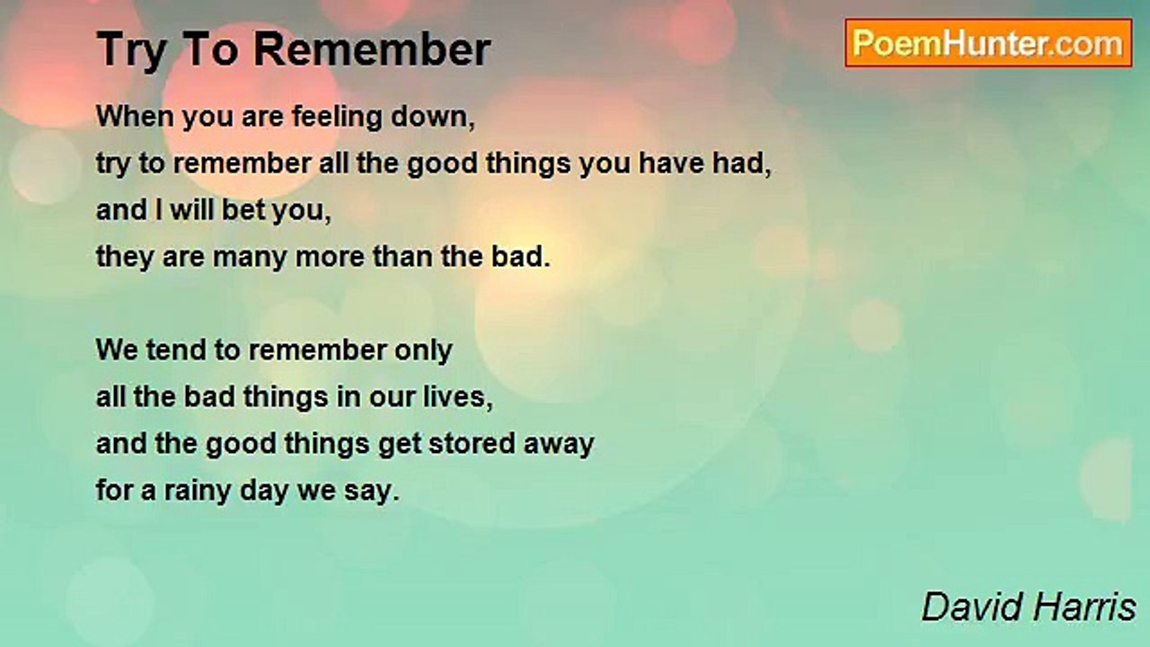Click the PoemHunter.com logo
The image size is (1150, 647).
988,43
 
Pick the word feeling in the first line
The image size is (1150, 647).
337,118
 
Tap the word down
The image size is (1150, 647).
433,117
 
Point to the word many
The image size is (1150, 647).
250,258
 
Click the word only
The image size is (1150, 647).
423,351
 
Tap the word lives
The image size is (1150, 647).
457,397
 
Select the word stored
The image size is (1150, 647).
472,444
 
